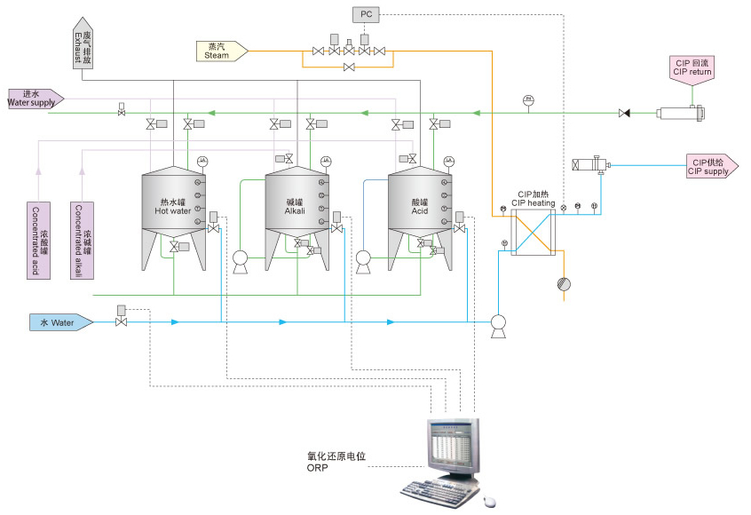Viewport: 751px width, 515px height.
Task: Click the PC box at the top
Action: click(365, 14)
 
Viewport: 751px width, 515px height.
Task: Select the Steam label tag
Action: click(219, 51)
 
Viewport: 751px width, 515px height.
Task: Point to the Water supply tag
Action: click(35, 98)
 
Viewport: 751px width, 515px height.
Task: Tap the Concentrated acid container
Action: click(40, 240)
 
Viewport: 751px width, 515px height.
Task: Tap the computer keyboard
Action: click(435, 494)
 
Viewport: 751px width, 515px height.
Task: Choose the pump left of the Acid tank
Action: click(362, 259)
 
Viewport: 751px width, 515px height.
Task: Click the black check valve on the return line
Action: click(624, 114)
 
